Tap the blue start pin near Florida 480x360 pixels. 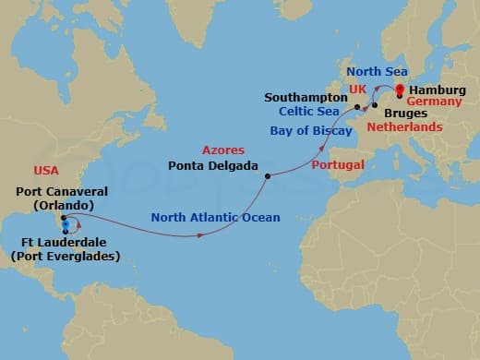click(x=65, y=223)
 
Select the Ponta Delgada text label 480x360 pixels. click(x=215, y=166)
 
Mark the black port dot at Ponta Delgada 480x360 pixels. click(x=267, y=175)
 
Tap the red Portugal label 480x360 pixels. click(x=338, y=164)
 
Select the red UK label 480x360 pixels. click(x=357, y=90)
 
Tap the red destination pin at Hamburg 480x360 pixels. click(x=399, y=90)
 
